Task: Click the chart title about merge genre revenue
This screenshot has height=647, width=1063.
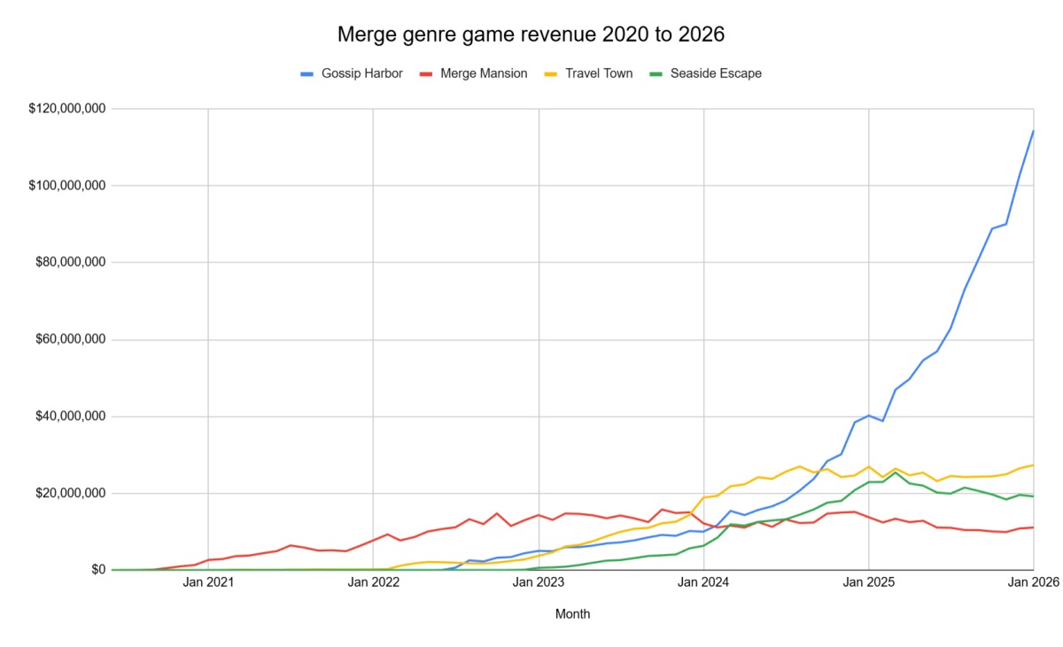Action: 531,35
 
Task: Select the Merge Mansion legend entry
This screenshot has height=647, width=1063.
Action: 483,73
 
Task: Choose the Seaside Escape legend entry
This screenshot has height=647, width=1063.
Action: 715,73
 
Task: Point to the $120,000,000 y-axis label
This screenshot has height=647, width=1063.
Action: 67,109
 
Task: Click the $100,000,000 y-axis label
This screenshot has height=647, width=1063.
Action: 67,186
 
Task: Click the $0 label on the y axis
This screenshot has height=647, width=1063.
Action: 97,570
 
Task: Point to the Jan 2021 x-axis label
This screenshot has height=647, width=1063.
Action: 208,582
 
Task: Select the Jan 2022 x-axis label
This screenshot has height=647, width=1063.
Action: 373,582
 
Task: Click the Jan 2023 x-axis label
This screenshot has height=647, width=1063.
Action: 539,582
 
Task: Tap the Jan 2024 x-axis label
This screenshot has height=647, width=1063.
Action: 703,582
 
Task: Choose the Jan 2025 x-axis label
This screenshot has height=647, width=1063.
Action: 869,582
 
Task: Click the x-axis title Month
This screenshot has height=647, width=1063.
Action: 572,614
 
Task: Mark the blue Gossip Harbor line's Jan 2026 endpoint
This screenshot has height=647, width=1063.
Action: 1033,131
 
